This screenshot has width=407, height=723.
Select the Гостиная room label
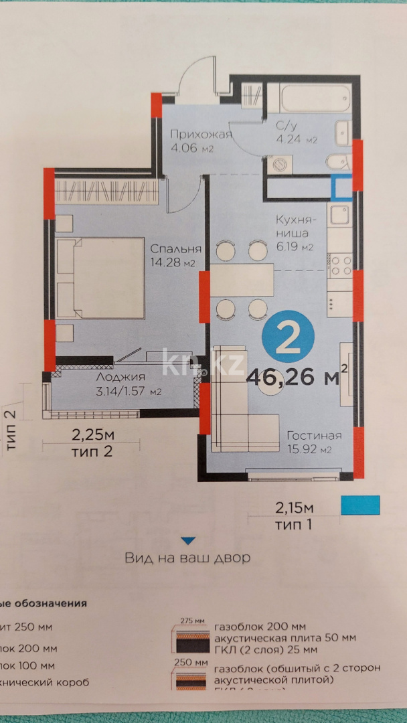(314, 436)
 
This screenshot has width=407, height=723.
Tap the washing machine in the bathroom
(279, 163)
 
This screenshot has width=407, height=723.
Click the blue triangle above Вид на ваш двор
(188, 540)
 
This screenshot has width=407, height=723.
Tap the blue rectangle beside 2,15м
(360, 505)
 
